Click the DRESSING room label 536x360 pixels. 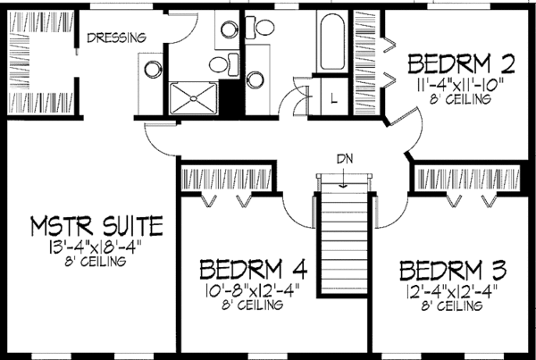(x=116, y=38)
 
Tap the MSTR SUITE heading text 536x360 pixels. (x=96, y=226)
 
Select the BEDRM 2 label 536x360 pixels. (x=461, y=64)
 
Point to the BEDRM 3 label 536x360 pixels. (x=453, y=271)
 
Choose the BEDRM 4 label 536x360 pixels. (x=254, y=269)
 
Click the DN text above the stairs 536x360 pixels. (x=345, y=159)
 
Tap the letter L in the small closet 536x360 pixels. (x=334, y=99)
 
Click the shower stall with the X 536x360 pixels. (x=194, y=98)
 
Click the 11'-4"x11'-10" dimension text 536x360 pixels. (x=460, y=85)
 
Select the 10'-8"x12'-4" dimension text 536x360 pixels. (x=253, y=291)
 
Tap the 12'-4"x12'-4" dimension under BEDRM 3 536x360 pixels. (x=451, y=292)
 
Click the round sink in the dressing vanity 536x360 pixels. (x=153, y=70)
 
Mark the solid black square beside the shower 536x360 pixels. (x=230, y=97)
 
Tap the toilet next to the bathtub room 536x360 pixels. (x=260, y=28)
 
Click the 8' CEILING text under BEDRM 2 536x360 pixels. (x=460, y=99)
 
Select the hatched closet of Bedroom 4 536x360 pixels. (x=226, y=179)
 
